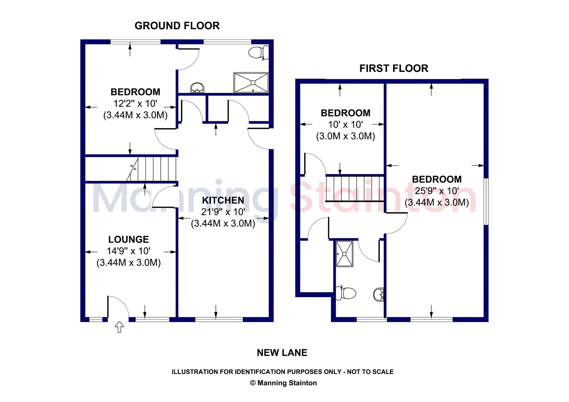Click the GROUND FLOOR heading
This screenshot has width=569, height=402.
177,26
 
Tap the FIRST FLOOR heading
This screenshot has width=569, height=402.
394,68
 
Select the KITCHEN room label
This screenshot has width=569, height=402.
223,200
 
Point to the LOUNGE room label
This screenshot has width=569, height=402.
128,239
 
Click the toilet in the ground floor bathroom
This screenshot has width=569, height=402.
259,53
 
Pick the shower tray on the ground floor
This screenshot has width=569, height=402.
251,83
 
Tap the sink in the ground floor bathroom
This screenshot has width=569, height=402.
197,88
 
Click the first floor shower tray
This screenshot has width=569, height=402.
345,254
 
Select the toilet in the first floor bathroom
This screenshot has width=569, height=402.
346,293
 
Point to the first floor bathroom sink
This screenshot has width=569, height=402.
379,295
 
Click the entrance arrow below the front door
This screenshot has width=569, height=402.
119,327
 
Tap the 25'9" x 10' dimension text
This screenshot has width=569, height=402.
437,191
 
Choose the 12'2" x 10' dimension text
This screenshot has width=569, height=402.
135,104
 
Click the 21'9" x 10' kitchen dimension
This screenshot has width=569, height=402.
223,212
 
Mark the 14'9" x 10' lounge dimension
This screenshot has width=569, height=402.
128,251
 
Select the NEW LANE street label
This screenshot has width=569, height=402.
282,353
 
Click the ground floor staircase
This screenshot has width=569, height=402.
151,169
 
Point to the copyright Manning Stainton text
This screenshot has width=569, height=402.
283,383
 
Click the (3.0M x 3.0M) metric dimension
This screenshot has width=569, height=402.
345,136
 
